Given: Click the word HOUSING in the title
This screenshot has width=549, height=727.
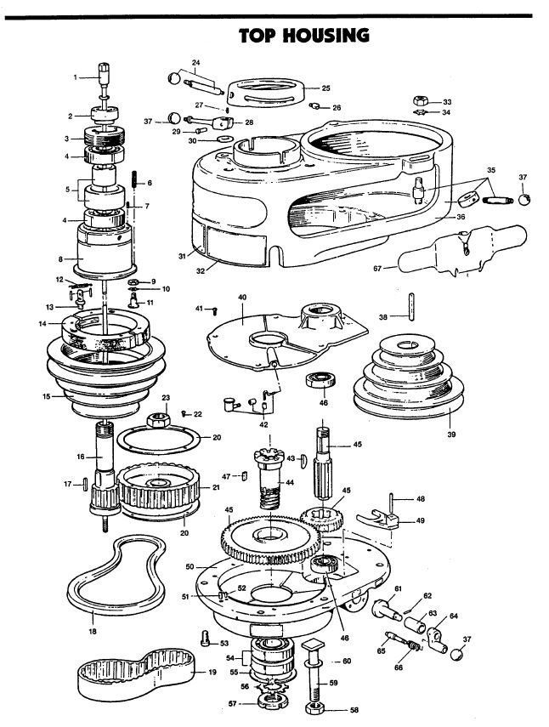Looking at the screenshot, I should tap(327, 35).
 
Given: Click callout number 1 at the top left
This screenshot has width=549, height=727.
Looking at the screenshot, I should tap(76, 77).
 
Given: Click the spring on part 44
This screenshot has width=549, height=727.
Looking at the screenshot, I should tap(269, 497).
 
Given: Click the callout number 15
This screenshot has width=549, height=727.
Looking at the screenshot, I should tap(48, 396).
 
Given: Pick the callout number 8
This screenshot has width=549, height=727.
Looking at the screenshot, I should tap(59, 258).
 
